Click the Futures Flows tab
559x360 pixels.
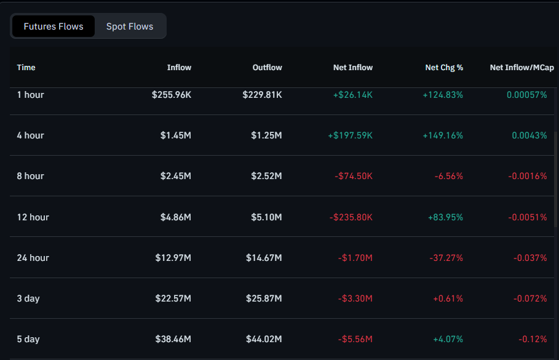(54, 26)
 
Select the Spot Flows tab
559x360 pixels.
(130, 26)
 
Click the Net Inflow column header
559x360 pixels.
(353, 68)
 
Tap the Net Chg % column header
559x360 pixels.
(444, 68)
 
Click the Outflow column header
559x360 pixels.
(267, 68)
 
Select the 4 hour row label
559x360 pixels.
(31, 135)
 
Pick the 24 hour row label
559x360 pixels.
(33, 258)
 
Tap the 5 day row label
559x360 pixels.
(28, 339)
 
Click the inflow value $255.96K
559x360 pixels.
(172, 95)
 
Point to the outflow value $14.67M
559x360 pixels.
(263, 258)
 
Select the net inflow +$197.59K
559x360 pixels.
(350, 135)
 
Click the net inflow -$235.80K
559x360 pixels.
(351, 217)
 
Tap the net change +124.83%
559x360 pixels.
(443, 95)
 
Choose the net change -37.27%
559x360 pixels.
(446, 258)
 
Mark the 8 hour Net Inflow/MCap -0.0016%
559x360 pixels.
(527, 176)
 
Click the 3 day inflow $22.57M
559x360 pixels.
(173, 298)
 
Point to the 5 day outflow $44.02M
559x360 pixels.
(263, 339)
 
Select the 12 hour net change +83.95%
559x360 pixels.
(445, 217)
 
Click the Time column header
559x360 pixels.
(26, 68)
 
